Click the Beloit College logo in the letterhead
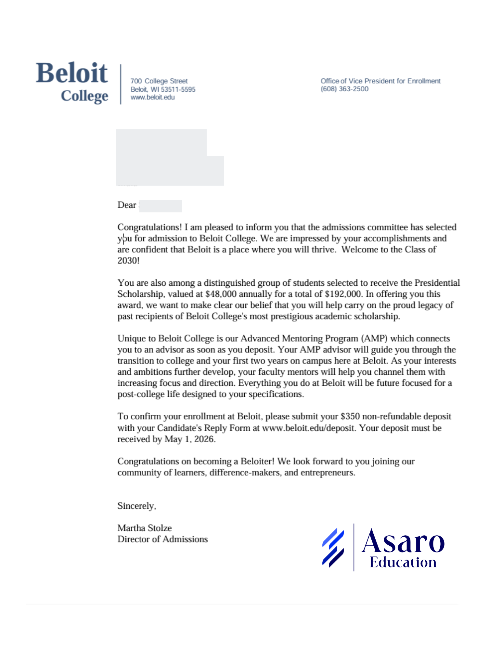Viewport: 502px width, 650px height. (72, 82)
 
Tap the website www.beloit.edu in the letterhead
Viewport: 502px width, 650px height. (152, 97)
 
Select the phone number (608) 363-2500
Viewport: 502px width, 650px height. (344, 89)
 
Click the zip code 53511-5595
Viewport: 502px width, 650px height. (178, 89)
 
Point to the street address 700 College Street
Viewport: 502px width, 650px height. (159, 81)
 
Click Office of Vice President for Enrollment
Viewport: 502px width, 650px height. (380, 81)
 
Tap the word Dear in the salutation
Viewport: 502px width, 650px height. (126, 205)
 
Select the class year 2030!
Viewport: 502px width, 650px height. (128, 261)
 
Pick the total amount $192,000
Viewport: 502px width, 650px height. (343, 294)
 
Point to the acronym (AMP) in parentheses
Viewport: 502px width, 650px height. (374, 339)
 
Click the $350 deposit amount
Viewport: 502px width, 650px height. (350, 416)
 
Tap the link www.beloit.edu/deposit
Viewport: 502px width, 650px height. (308, 428)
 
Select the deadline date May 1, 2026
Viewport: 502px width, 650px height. (189, 439)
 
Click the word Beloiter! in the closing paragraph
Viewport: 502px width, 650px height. (257, 461)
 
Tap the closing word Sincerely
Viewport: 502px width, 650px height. (136, 506)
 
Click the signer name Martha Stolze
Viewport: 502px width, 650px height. (145, 528)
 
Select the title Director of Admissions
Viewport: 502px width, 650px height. (162, 539)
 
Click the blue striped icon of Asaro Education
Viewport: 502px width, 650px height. (333, 548)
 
